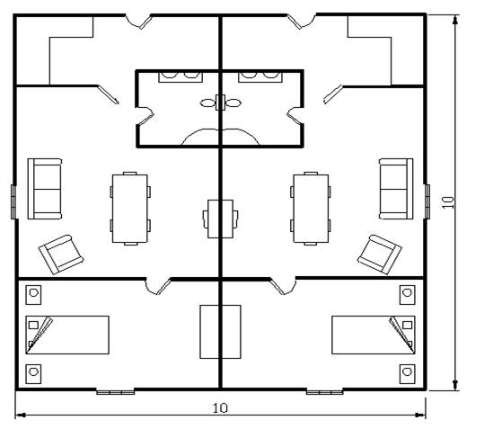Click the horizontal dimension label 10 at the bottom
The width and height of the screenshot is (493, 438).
(x=220, y=408)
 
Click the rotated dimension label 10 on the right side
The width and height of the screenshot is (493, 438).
(x=448, y=202)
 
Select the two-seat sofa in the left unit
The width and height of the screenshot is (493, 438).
(x=45, y=189)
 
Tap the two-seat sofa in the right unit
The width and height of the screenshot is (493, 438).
(x=396, y=189)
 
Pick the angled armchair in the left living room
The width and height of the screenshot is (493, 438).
(x=61, y=255)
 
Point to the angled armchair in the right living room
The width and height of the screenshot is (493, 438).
(x=380, y=255)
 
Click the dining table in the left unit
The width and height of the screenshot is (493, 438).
(x=130, y=209)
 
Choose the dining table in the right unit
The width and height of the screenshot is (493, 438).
(x=311, y=209)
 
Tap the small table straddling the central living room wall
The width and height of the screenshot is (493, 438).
(x=220, y=219)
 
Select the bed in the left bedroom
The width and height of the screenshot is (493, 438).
(x=67, y=335)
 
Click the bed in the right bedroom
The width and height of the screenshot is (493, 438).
(x=374, y=335)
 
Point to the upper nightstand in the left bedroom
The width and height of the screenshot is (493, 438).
(x=33, y=295)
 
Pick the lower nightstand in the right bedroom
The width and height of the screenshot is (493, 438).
(x=408, y=374)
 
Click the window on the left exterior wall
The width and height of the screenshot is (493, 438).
(x=13, y=201)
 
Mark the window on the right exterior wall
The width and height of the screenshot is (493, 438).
(x=427, y=201)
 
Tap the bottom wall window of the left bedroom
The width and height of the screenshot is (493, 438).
(x=115, y=392)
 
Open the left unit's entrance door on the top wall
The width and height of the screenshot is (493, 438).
(x=138, y=22)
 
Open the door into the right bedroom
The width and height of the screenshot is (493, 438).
(x=283, y=287)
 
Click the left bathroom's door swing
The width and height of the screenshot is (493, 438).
(x=145, y=115)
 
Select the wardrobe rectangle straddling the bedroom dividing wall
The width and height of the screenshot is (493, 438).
(x=220, y=332)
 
